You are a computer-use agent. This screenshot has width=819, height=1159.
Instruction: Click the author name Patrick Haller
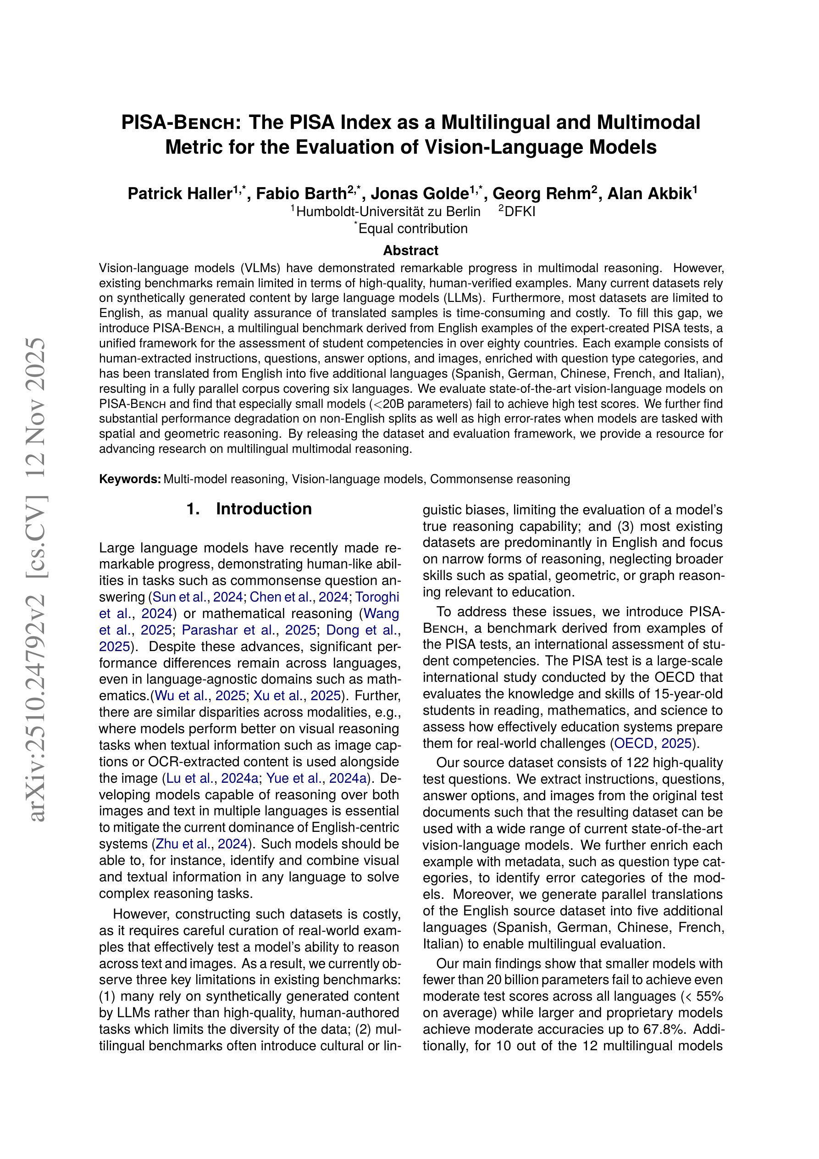[x=179, y=194]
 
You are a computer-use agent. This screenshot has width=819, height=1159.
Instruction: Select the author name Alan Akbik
[x=648, y=194]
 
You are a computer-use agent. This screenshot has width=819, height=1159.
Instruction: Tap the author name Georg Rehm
[x=541, y=194]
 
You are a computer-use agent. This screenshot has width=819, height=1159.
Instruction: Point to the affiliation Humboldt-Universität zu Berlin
[x=388, y=212]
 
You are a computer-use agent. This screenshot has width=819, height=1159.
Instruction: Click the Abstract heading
[x=410, y=251]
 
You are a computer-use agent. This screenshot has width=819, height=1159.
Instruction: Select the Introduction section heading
[x=263, y=509]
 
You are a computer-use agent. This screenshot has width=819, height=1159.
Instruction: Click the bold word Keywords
[x=130, y=479]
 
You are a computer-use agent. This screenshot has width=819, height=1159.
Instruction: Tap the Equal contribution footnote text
[x=413, y=228]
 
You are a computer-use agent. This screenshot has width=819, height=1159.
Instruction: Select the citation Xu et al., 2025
[x=297, y=696]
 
